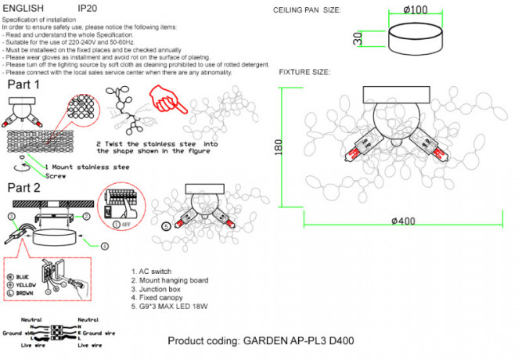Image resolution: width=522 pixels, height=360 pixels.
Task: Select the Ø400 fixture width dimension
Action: point(405,221)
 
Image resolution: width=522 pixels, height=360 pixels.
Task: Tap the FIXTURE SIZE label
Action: point(304,72)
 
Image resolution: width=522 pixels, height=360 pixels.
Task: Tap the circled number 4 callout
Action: point(104,246)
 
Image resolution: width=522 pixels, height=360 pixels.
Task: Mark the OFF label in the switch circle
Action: point(125,225)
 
